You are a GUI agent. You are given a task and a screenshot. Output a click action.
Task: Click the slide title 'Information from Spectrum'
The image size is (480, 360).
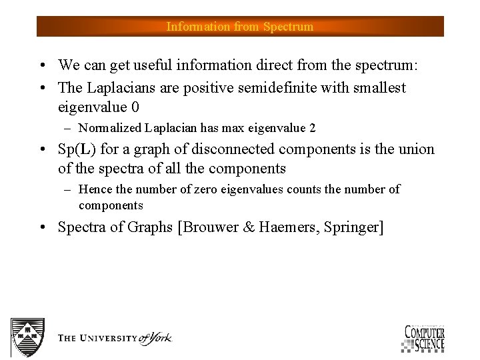(239, 27)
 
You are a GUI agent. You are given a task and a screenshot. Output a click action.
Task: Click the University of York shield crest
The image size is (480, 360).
(27, 337)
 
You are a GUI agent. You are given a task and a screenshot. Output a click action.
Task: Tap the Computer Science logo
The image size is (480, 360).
(424, 338)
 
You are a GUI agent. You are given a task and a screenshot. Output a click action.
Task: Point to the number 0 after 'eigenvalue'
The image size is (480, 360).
(135, 107)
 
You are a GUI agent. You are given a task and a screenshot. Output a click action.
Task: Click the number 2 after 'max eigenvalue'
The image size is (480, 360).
(312, 128)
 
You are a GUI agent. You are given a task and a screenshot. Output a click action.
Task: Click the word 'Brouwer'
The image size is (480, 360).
(208, 227)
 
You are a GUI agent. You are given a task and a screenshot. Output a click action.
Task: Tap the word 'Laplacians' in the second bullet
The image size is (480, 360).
(119, 88)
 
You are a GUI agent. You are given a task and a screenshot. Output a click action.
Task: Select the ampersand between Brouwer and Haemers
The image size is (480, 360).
(248, 227)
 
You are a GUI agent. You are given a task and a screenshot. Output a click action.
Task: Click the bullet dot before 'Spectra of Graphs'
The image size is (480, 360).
(43, 228)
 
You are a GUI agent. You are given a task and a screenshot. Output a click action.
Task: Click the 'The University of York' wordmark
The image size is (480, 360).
(114, 338)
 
